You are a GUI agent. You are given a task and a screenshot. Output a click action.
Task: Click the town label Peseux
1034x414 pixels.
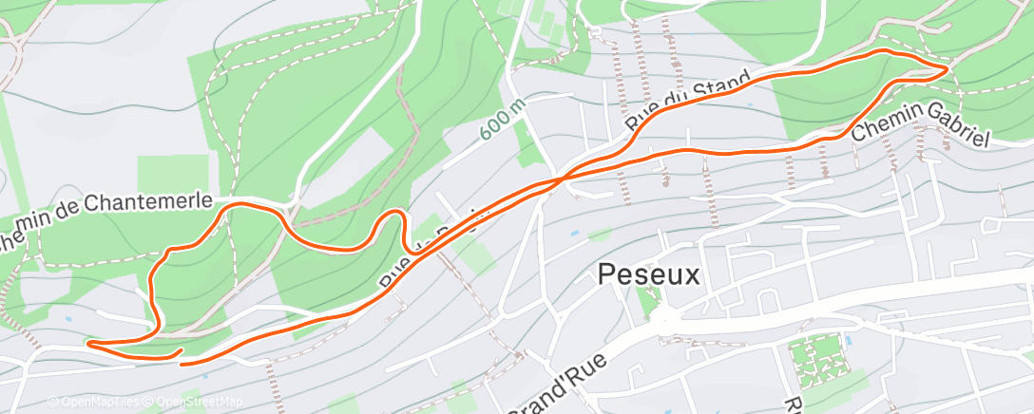pyautogui.click(x=649, y=276)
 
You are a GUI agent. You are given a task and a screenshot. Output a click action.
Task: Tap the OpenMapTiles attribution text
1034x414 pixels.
pyautogui.click(x=96, y=403)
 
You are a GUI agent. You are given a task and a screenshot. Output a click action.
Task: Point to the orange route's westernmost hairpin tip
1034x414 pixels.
pyautogui.click(x=88, y=343)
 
